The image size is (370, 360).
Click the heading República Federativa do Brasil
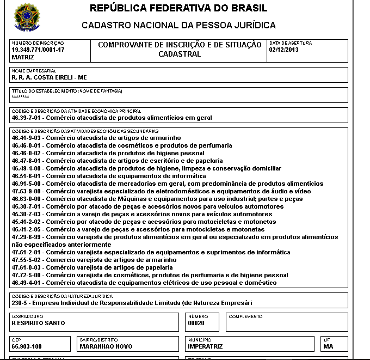click(178, 9)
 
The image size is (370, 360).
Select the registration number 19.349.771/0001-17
click(38, 50)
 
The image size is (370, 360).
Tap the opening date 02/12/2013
click(284, 50)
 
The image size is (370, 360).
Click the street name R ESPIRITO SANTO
click(38, 323)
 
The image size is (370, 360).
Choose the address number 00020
click(195, 323)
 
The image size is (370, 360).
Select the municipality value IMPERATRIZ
click(206, 346)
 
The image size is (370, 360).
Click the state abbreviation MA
click(328, 346)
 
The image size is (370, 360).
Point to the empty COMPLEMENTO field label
click(245, 316)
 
